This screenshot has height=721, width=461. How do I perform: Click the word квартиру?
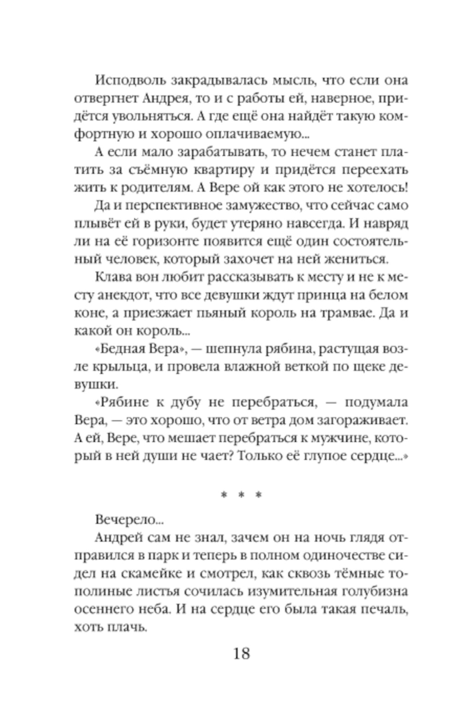(220, 170)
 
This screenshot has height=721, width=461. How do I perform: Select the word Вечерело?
(127, 520)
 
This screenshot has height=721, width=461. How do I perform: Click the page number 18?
(241, 653)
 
